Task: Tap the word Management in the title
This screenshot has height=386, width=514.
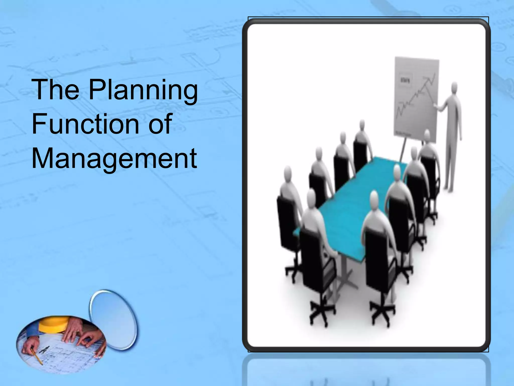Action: (x=114, y=159)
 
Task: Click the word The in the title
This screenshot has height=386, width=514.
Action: (x=55, y=90)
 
